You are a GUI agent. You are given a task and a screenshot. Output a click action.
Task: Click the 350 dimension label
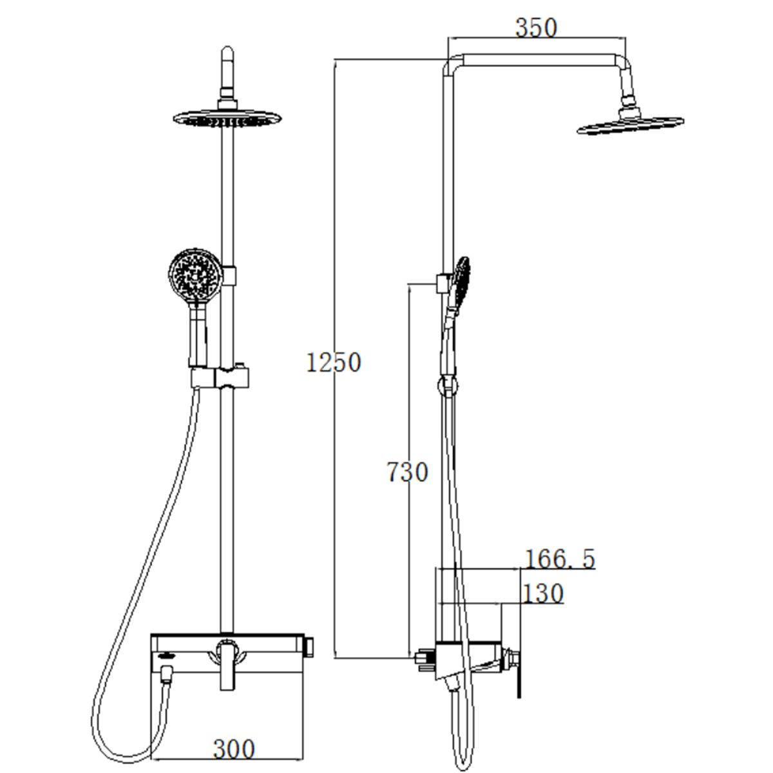(536, 28)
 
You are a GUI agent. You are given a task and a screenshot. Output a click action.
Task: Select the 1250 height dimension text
(333, 362)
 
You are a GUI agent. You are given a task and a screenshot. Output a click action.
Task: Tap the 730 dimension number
(407, 472)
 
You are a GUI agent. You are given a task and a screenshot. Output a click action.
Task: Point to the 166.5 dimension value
(560, 559)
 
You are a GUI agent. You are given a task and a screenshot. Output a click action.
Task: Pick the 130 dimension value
(543, 594)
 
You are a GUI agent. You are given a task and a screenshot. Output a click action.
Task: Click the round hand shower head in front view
(195, 276)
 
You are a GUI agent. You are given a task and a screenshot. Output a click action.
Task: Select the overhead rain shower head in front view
(227, 119)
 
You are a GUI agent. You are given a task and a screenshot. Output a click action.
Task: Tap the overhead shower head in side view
(631, 126)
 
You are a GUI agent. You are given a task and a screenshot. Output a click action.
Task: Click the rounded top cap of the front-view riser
(227, 54)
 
